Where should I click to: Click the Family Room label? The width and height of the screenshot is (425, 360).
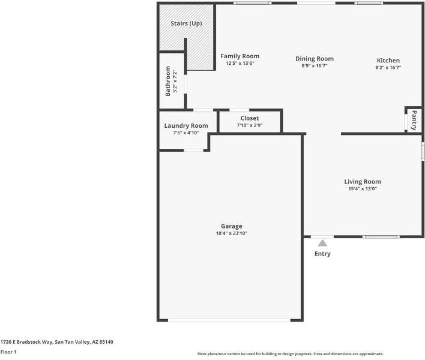240,56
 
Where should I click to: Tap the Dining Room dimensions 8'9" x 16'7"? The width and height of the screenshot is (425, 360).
315,65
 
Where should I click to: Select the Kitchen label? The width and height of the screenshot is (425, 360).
388,61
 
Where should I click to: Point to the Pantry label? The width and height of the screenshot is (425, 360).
414,120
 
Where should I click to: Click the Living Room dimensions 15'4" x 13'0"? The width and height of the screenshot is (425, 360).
363,188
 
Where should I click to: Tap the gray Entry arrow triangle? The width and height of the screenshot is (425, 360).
322,243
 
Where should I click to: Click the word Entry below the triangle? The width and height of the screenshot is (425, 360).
322,254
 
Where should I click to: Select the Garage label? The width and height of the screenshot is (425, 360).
232,226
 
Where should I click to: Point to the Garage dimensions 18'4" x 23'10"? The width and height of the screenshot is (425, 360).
232,233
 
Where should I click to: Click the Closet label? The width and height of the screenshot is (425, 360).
250,118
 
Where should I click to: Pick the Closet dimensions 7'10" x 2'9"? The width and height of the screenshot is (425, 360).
250,125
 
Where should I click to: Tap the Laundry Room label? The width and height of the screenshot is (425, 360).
186,126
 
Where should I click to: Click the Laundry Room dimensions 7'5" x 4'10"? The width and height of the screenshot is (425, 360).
186,133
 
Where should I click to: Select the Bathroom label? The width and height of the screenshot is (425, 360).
167,81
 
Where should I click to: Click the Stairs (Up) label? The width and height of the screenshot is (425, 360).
186,23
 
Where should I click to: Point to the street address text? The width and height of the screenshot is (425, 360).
56,342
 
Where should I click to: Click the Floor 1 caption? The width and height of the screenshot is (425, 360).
8,352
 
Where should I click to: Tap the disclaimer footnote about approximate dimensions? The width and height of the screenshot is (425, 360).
291,354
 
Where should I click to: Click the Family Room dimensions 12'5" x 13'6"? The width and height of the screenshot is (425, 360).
240,64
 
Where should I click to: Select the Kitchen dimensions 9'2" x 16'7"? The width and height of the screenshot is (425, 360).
388,67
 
